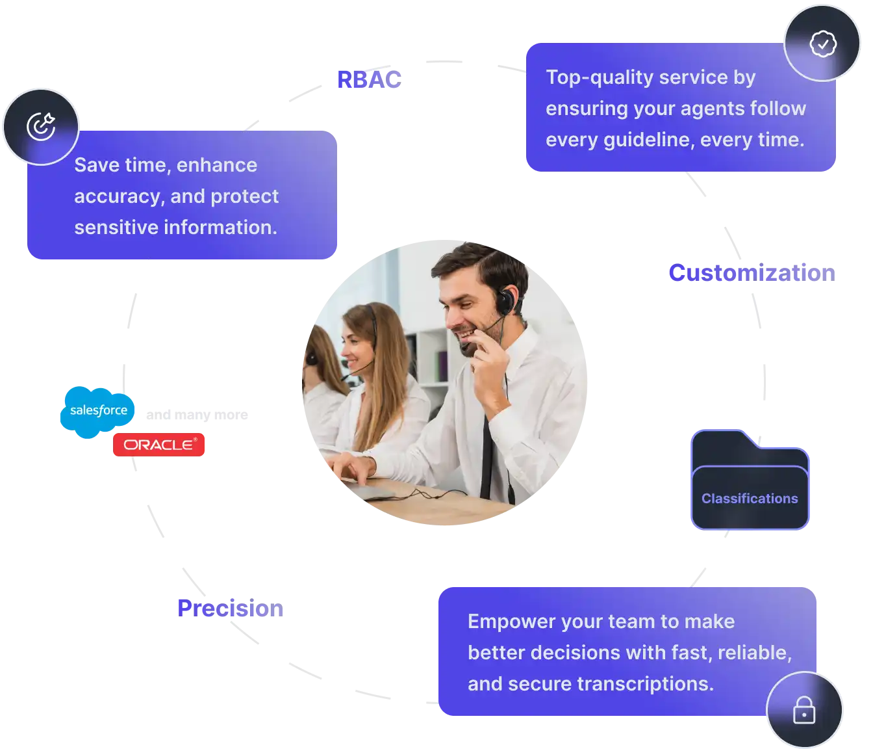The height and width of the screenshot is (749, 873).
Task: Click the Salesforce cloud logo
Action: (97, 410)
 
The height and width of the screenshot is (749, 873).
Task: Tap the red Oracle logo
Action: (159, 445)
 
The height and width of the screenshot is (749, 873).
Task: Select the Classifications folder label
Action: (750, 498)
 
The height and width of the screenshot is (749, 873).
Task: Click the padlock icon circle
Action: (804, 710)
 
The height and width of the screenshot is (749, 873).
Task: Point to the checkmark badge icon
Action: (823, 44)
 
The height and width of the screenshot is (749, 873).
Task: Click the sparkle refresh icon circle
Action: (41, 126)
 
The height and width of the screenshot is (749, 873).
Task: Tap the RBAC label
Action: (370, 79)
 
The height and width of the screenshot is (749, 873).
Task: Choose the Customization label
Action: (752, 272)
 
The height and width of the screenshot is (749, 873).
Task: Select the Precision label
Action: (231, 609)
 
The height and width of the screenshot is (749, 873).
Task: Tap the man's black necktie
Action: (486, 455)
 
